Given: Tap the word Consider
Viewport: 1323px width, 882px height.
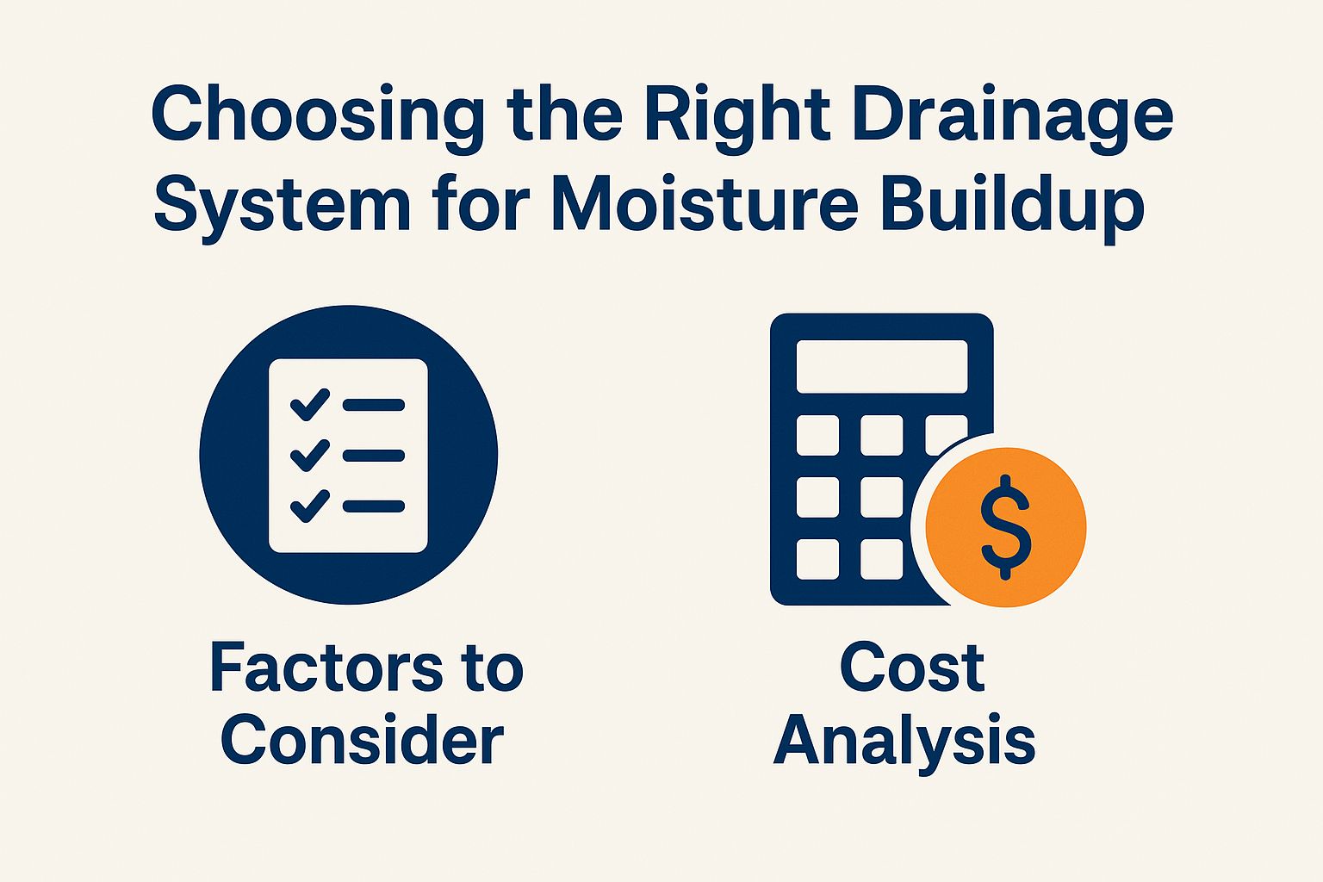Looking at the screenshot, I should [x=362, y=740].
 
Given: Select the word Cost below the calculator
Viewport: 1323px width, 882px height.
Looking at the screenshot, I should [x=911, y=668].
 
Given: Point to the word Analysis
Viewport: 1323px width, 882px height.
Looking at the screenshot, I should [x=904, y=740].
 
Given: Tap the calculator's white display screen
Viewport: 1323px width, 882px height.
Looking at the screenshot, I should [x=881, y=366].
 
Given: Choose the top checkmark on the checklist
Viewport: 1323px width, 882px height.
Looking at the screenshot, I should [x=310, y=404].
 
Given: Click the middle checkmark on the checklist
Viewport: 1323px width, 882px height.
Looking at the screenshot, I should [x=310, y=455].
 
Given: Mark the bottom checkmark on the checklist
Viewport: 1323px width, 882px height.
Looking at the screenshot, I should [x=310, y=506].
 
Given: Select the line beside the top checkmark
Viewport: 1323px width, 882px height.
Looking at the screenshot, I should [x=374, y=405].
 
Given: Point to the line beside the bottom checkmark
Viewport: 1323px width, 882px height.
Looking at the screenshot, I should [x=374, y=506].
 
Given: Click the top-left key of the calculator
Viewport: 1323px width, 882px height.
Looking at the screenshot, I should [x=817, y=435].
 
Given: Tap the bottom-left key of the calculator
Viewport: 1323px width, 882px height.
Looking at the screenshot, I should [x=817, y=559].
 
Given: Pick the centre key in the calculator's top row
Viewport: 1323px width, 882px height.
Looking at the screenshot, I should [x=882, y=435].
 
